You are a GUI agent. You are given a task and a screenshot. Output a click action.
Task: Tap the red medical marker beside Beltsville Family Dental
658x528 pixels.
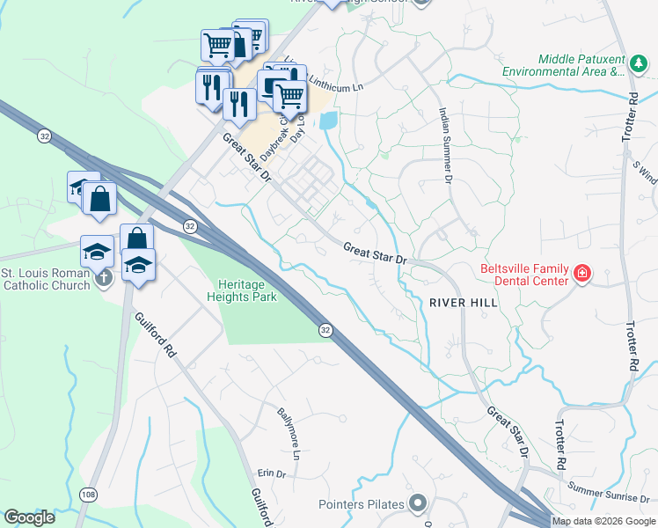(581, 275)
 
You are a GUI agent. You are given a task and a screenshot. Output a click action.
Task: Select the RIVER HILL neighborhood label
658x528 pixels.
(464, 302)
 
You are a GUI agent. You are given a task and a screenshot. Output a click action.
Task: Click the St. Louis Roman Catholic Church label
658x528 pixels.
(45, 279)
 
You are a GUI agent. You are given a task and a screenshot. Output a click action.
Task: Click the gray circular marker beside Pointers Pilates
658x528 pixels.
(417, 504)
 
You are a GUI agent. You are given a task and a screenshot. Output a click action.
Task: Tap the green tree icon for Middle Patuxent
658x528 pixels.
(637, 62)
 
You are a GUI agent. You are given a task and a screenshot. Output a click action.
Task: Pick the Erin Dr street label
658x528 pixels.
(275, 474)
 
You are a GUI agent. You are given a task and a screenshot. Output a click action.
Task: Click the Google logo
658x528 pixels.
(29, 517)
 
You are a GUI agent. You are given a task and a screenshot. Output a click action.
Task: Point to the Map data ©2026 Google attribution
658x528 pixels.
(603, 521)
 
